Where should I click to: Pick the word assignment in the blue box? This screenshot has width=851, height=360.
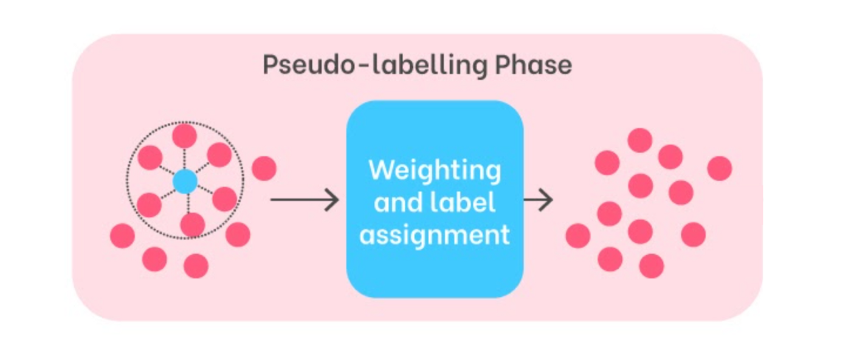tap(435, 234)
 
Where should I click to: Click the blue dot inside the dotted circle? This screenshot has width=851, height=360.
tap(185, 181)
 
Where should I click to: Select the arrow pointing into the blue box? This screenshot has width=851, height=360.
tap(304, 199)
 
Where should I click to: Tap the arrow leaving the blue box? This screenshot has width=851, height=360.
tap(539, 199)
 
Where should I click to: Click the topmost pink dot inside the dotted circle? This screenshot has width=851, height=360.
tap(184, 135)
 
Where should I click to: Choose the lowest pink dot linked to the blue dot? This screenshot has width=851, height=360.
tap(193, 224)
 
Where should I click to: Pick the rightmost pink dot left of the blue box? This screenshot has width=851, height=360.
tap(264, 168)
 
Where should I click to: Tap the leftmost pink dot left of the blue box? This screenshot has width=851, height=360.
tap(122, 235)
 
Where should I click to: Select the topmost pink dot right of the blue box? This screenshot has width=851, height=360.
tap(639, 140)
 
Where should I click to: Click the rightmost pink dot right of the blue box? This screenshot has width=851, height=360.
tap(719, 168)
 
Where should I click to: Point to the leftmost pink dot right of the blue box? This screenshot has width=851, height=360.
tap(577, 235)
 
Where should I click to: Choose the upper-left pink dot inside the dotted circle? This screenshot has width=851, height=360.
tap(150, 157)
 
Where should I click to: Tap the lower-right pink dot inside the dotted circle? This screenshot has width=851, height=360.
tap(224, 199)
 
